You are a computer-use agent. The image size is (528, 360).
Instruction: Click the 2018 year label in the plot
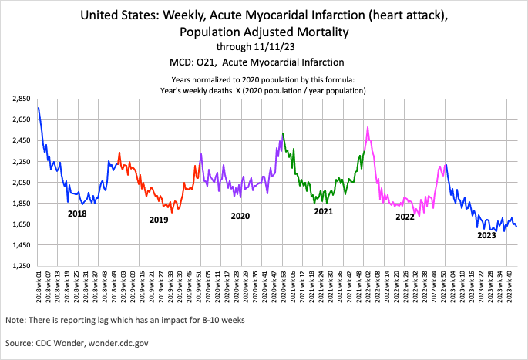pos(77,214)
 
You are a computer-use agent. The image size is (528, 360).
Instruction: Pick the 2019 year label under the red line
pos(159,220)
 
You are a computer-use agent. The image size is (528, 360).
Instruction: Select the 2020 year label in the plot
pos(240,217)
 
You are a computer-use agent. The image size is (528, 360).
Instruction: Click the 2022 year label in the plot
pos(405,217)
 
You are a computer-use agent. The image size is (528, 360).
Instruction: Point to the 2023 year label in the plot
pos(486,236)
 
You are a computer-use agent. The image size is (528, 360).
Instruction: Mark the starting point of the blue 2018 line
pos(39,108)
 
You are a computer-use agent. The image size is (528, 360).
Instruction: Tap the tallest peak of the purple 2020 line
pos(283,133)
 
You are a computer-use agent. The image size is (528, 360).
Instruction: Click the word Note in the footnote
pos(15,319)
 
